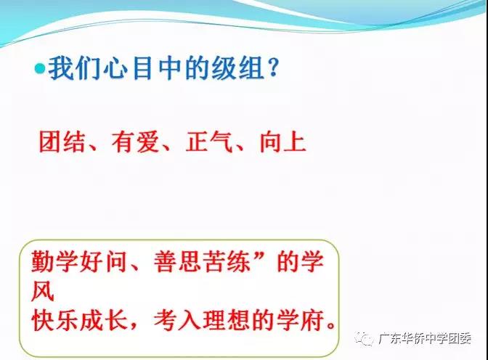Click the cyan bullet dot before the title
pos(40,69)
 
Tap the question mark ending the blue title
pos(273,68)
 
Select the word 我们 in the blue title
pos(73,69)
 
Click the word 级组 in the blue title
pos(238,69)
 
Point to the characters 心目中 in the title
pos(142,69)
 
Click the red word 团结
pos(62,142)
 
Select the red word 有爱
pos(135,142)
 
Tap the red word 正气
pos(209,142)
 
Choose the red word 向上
pos(282,142)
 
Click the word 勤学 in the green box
pos(54,261)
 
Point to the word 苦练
pos(227,261)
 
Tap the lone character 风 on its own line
pos(43,291)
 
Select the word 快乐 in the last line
pos(54,320)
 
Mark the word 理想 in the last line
pos(227,320)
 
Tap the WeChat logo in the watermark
pos(364,338)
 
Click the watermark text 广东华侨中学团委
pos(425,338)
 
